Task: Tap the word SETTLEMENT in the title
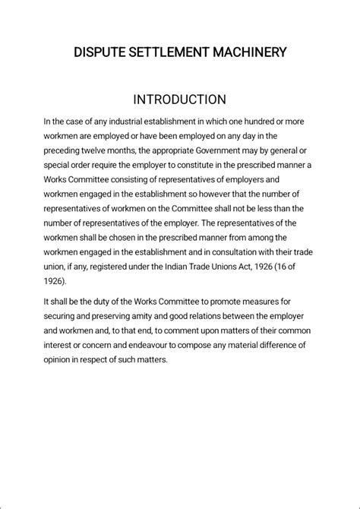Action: point(167,52)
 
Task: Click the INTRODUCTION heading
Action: point(179,100)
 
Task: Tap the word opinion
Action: point(58,359)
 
